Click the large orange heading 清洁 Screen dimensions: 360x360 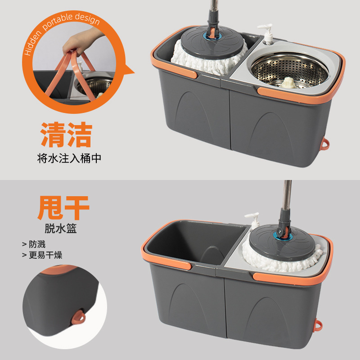point(67,135)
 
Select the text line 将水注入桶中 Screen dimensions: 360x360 point(67,158)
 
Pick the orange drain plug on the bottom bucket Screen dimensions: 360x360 point(321,324)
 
